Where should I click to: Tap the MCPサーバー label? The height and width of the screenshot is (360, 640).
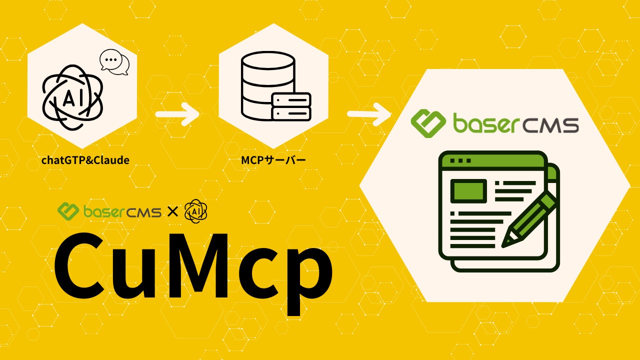click(273, 160)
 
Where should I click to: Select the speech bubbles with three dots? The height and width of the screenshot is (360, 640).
click(114, 62)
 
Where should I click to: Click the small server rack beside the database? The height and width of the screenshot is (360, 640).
click(291, 106)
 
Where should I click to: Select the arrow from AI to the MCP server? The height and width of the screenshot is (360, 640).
click(177, 114)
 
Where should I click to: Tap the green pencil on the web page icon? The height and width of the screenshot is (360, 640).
click(529, 220)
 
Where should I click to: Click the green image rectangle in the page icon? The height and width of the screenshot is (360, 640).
click(468, 189)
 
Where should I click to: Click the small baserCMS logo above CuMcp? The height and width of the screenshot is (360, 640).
click(109, 211)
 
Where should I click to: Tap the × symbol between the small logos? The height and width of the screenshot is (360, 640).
click(172, 212)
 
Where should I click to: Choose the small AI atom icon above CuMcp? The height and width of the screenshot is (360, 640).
click(195, 211)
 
